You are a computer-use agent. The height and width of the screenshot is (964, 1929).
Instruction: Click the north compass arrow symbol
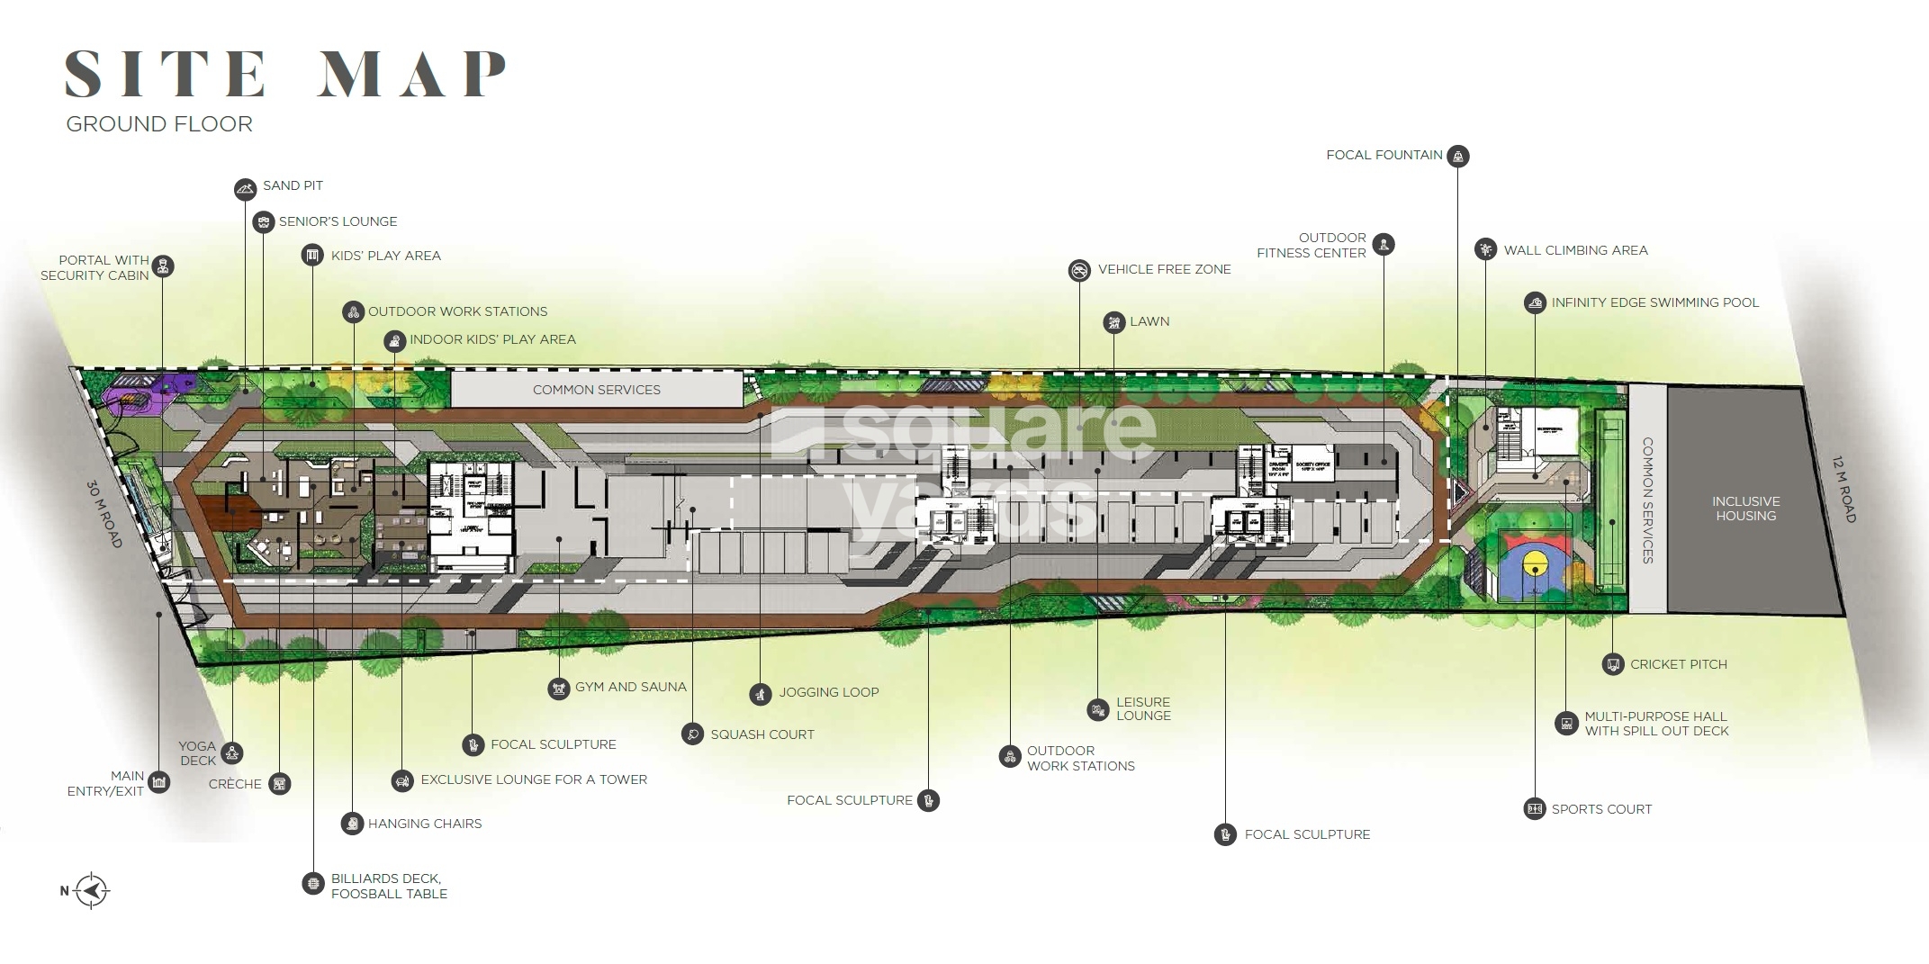point(91,891)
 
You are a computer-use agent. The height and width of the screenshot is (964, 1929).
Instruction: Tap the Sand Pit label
point(293,185)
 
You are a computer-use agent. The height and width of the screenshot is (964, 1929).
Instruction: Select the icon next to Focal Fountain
point(1458,156)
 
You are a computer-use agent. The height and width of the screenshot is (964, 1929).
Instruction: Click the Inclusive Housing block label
point(1745,509)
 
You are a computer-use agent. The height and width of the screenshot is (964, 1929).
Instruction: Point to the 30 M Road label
point(104,514)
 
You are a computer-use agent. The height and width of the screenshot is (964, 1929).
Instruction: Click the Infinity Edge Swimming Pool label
point(1654,302)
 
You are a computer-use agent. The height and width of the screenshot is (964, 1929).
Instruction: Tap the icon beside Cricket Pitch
point(1613,664)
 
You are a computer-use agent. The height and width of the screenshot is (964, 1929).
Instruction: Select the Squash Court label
point(762,734)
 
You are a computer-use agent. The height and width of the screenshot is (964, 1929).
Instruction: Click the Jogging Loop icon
point(761,694)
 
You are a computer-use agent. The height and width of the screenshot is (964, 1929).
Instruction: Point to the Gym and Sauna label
point(630,687)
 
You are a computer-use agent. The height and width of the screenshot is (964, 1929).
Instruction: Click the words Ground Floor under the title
point(159,124)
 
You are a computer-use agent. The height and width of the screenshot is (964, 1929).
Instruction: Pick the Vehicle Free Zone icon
point(1079,270)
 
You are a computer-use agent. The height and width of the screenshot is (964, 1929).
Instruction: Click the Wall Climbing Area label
point(1575,250)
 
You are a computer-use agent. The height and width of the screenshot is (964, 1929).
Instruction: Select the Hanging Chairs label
point(424,824)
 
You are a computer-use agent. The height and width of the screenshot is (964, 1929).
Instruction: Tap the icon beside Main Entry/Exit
point(159,782)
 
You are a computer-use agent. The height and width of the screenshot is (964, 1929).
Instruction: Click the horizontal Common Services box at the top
point(596,390)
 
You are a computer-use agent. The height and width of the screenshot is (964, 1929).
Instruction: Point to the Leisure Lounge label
point(1143,709)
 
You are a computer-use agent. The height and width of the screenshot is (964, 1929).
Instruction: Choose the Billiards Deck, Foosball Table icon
point(312,884)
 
